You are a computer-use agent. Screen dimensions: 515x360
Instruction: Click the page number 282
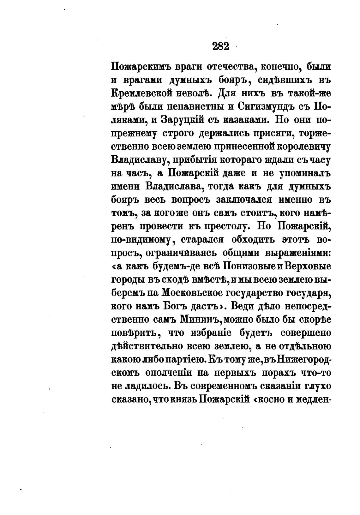[x=220, y=46]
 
